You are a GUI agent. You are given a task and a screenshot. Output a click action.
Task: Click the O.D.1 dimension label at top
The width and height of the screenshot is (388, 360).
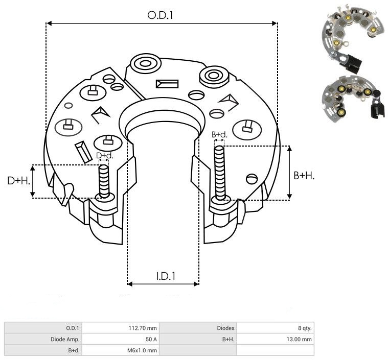click(161, 15)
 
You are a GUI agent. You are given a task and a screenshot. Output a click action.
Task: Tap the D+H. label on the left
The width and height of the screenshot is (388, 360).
click(18, 181)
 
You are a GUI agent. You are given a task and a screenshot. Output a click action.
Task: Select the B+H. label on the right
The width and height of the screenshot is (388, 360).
click(304, 175)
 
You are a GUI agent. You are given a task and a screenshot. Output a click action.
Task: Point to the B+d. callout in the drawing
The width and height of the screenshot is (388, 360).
click(219, 135)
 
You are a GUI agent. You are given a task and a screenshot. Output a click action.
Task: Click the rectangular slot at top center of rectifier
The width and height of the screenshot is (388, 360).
click(168, 83)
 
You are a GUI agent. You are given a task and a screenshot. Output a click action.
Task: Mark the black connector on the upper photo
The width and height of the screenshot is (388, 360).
click(353, 62)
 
